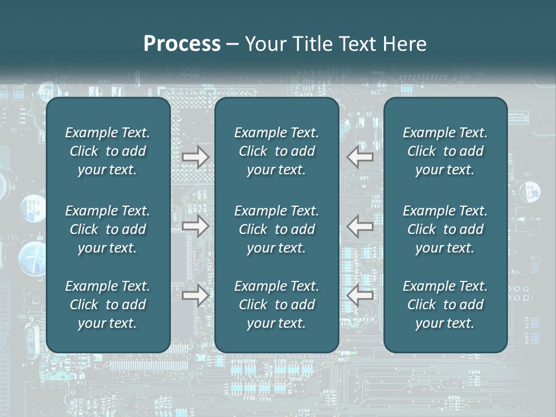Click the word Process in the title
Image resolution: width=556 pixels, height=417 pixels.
pyautogui.click(x=182, y=44)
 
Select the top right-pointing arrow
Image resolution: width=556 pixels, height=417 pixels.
pyautogui.click(x=195, y=157)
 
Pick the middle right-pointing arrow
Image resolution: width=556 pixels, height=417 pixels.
pyautogui.click(x=195, y=226)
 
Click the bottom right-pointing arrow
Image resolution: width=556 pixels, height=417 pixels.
pyautogui.click(x=195, y=295)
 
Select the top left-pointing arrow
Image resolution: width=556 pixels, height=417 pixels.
pyautogui.click(x=360, y=157)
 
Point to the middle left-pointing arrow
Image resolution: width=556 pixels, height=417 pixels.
pyautogui.click(x=360, y=226)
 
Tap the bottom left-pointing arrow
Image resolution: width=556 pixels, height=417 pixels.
pyautogui.click(x=360, y=295)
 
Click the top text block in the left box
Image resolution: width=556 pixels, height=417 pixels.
pyautogui.click(x=108, y=151)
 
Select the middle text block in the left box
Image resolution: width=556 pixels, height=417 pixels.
pyautogui.click(x=108, y=229)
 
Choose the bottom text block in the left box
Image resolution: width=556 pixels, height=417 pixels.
pyautogui.click(x=108, y=305)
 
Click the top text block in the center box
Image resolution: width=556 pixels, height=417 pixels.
pyautogui.click(x=276, y=151)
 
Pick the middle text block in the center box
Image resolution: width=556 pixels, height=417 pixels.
pyautogui.click(x=276, y=229)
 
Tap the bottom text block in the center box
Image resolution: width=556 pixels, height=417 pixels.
pyautogui.click(x=276, y=305)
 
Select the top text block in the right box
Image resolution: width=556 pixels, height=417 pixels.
pyautogui.click(x=445, y=151)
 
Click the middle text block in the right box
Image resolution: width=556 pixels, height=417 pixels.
pyautogui.click(x=445, y=229)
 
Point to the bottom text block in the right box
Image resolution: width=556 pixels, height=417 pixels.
pyautogui.click(x=445, y=305)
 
